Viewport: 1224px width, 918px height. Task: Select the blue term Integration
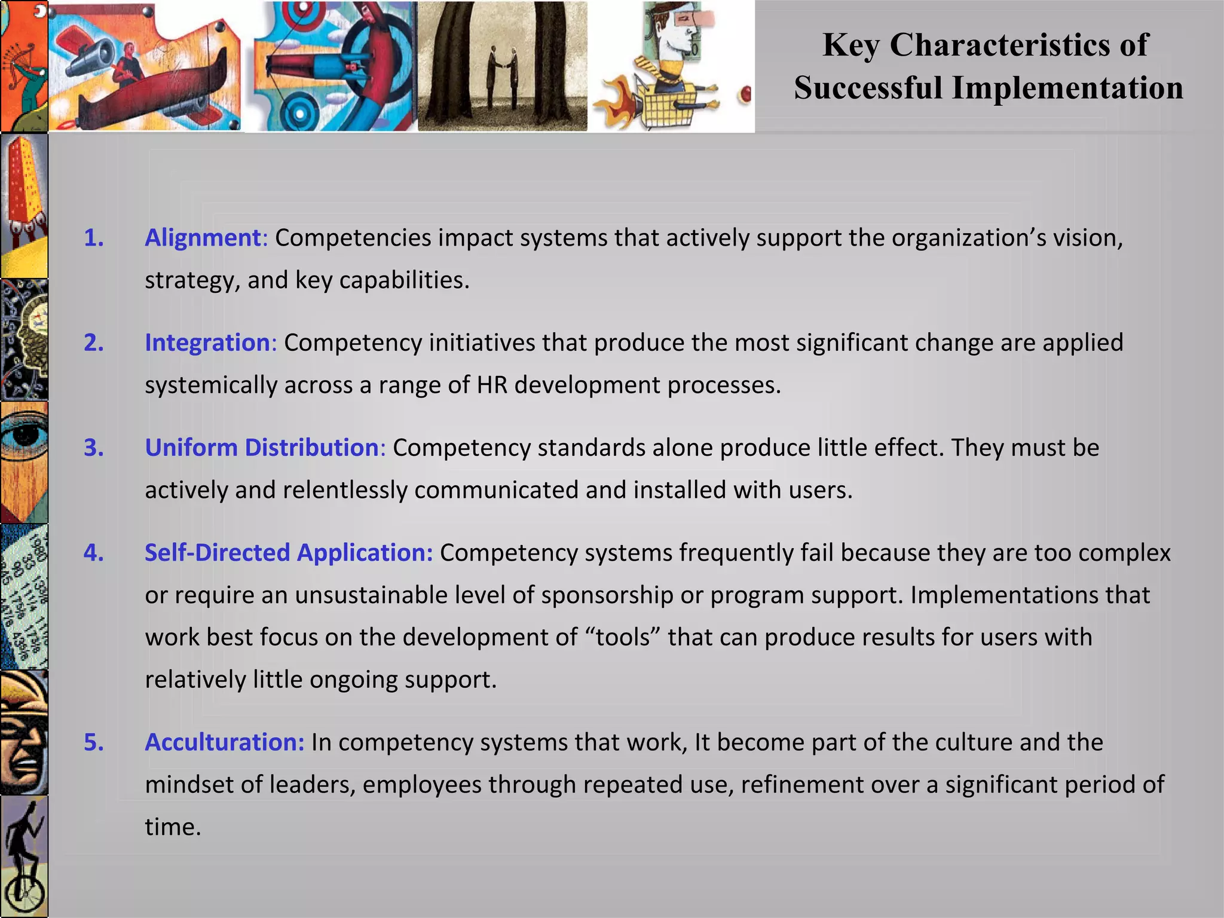click(208, 343)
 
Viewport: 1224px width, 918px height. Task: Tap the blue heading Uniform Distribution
click(262, 448)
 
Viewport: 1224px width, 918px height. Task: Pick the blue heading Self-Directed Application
click(288, 553)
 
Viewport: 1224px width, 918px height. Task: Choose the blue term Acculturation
click(225, 742)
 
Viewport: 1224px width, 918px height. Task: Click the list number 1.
click(93, 238)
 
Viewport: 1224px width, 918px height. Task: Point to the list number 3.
click(93, 448)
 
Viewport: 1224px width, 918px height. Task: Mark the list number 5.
click(93, 742)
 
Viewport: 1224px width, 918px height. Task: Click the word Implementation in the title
click(1067, 88)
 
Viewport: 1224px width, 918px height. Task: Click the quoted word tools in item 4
click(623, 638)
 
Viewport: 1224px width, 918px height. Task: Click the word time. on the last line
click(173, 827)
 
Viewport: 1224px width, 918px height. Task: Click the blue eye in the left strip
click(24, 439)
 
